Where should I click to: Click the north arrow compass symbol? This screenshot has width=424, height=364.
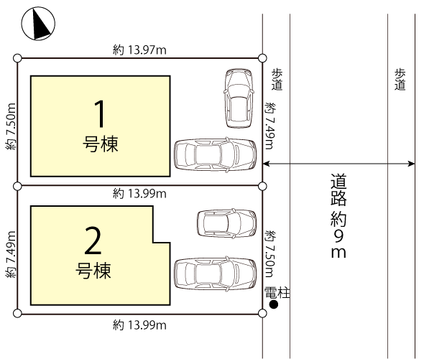(38, 24)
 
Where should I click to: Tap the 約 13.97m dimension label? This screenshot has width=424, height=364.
(139, 50)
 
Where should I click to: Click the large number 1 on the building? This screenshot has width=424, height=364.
(100, 113)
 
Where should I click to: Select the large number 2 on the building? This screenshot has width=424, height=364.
(93, 241)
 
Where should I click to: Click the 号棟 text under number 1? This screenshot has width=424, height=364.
(101, 144)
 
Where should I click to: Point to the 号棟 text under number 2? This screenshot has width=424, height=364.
(93, 271)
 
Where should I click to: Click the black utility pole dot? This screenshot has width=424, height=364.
(274, 304)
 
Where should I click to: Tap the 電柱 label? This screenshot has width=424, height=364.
(277, 293)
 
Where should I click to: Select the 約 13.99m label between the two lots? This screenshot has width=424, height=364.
(139, 194)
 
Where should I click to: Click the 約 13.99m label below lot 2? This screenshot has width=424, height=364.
(139, 325)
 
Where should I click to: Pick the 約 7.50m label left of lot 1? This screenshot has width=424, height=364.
(11, 126)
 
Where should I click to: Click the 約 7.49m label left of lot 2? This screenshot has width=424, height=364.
(11, 255)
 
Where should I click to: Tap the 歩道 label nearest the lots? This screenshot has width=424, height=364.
(277, 80)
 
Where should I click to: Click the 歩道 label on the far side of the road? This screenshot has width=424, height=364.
(400, 80)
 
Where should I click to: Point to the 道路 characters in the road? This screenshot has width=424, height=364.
(338, 190)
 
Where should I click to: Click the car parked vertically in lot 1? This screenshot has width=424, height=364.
(239, 98)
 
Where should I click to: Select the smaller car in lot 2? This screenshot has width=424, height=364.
(227, 223)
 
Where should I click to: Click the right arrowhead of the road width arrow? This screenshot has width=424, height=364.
(412, 164)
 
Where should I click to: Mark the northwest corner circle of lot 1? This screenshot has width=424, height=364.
(17, 58)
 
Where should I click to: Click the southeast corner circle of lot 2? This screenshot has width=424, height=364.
(262, 314)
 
